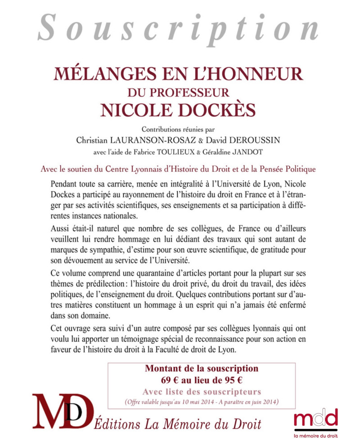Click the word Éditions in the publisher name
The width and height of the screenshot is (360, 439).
click(116, 423)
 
